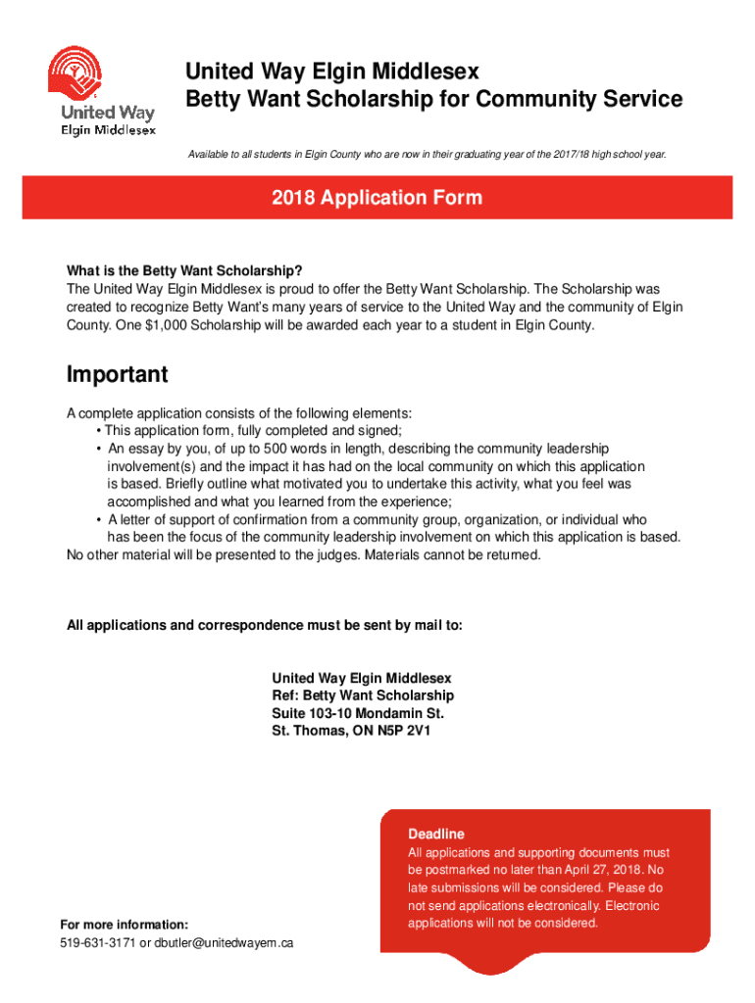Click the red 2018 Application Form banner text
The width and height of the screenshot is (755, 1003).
[x=377, y=198]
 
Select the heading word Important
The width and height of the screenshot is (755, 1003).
[x=117, y=375]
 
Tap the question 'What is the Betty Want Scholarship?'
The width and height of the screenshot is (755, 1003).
[x=184, y=271]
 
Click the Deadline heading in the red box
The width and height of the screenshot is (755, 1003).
[x=436, y=834]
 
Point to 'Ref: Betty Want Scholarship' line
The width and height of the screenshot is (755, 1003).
[x=363, y=695]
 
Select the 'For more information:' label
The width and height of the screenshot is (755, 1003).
[x=124, y=925]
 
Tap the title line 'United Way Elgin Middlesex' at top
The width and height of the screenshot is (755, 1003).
[x=332, y=72]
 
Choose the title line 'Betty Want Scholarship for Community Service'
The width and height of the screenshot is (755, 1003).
[x=434, y=99]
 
